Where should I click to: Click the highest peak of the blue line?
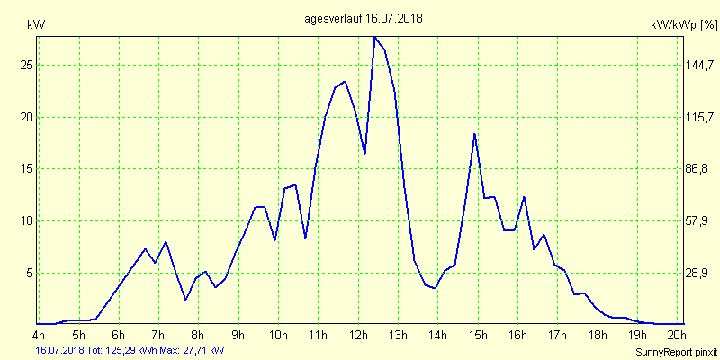(x=374, y=37)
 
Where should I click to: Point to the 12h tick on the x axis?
(x=358, y=337)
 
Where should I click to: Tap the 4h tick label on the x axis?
(x=37, y=337)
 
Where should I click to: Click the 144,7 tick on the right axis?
(x=700, y=66)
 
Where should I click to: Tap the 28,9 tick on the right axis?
(x=700, y=273)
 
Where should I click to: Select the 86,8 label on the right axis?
(x=700, y=169)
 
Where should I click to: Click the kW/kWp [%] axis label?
(x=683, y=24)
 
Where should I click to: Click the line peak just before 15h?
(x=474, y=134)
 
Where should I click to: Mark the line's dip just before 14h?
(x=435, y=288)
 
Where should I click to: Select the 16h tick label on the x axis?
(x=517, y=337)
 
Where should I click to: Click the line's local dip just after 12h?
(x=364, y=154)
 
